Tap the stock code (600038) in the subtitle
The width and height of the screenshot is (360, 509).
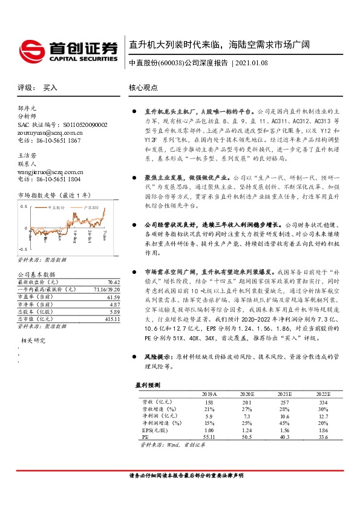(x=171, y=63)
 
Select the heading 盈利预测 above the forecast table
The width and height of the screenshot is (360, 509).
(x=146, y=384)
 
